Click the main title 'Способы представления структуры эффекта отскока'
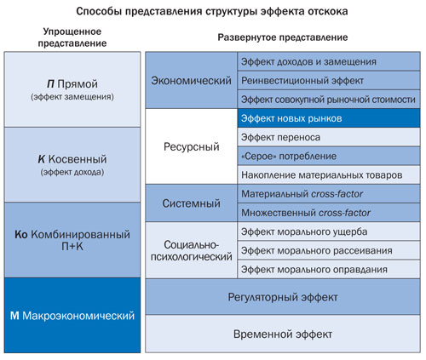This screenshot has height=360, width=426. point(212,12)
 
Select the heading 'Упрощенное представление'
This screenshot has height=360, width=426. point(72,37)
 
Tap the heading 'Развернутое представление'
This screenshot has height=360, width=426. point(283,37)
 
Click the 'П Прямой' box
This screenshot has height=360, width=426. point(72,89)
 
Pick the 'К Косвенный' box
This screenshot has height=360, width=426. point(72,165)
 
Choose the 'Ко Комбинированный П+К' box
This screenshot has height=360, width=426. point(72,240)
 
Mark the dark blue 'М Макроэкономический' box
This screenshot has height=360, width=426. point(72,316)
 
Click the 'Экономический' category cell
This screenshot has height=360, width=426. point(191,80)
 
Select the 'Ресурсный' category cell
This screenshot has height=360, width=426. point(191,146)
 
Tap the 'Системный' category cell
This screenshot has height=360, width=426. point(191,203)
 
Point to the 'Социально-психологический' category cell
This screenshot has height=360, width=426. point(191,250)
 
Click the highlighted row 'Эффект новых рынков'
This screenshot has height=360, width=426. point(329,118)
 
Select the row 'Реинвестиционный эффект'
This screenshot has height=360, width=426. point(329,81)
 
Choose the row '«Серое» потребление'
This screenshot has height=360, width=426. point(329,156)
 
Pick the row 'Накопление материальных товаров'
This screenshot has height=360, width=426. point(329,175)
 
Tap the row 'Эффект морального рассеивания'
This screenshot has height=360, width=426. point(329,250)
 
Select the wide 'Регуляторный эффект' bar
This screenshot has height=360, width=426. point(283,297)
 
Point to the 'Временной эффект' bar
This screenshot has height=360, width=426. point(283,334)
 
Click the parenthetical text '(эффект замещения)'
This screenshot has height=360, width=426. point(72,97)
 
